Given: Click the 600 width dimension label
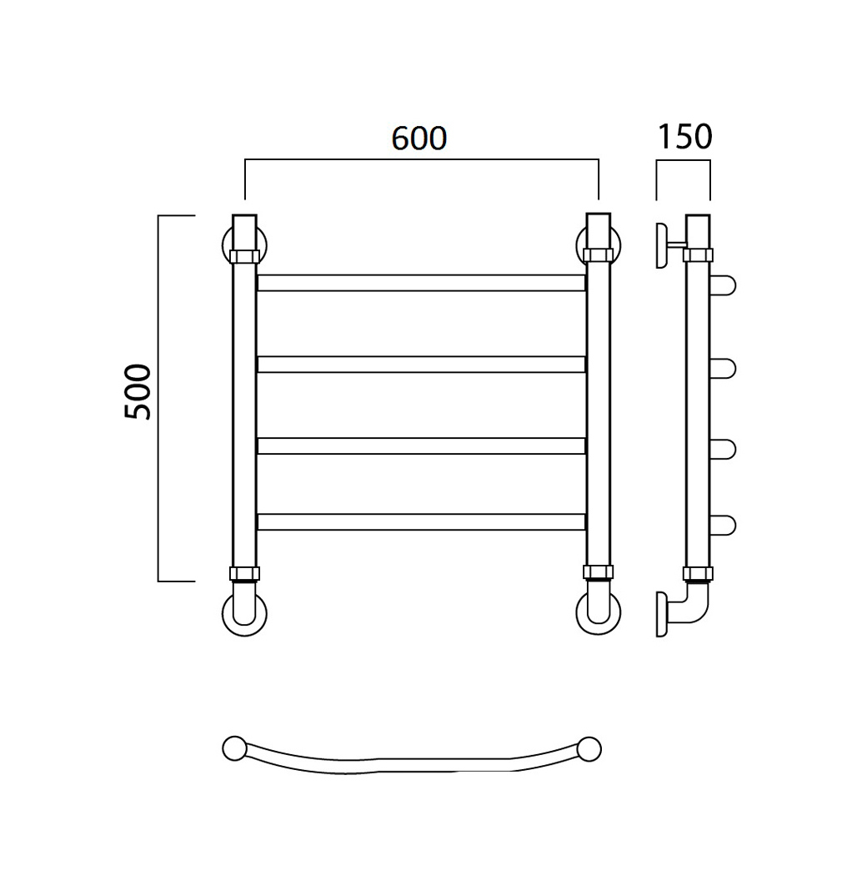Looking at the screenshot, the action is click(419, 138).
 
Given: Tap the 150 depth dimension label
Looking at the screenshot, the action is click(685, 136).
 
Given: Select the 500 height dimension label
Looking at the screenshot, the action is click(138, 391).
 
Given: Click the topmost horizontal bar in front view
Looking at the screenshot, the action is click(421, 283).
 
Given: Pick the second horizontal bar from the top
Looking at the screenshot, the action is click(421, 365).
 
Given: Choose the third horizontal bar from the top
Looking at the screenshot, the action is click(421, 445).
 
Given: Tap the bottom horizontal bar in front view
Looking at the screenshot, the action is click(421, 521).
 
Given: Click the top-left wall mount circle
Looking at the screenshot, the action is click(225, 246).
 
